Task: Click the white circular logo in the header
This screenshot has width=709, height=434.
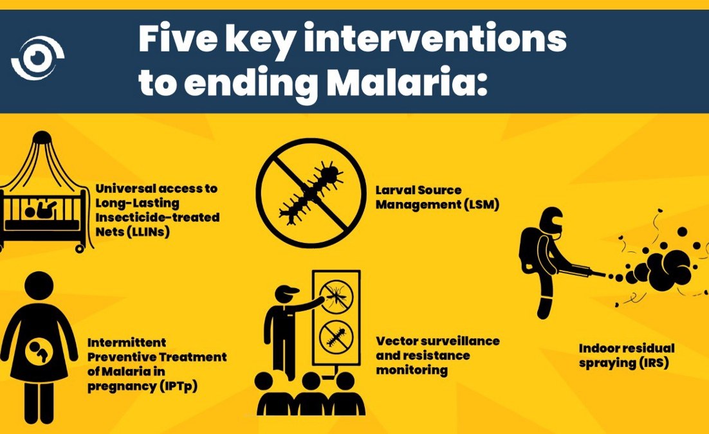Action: [x=37, y=58]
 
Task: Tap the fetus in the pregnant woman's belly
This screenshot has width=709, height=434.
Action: [x=38, y=350]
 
